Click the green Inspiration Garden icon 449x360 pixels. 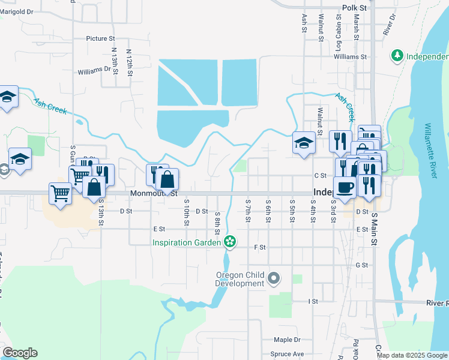point(229,242)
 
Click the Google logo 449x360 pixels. point(20,353)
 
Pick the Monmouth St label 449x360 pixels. point(154,194)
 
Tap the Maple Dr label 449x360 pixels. point(287,340)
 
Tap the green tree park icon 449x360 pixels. point(396,56)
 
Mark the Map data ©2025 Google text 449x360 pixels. point(412,355)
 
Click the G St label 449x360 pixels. point(361,265)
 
